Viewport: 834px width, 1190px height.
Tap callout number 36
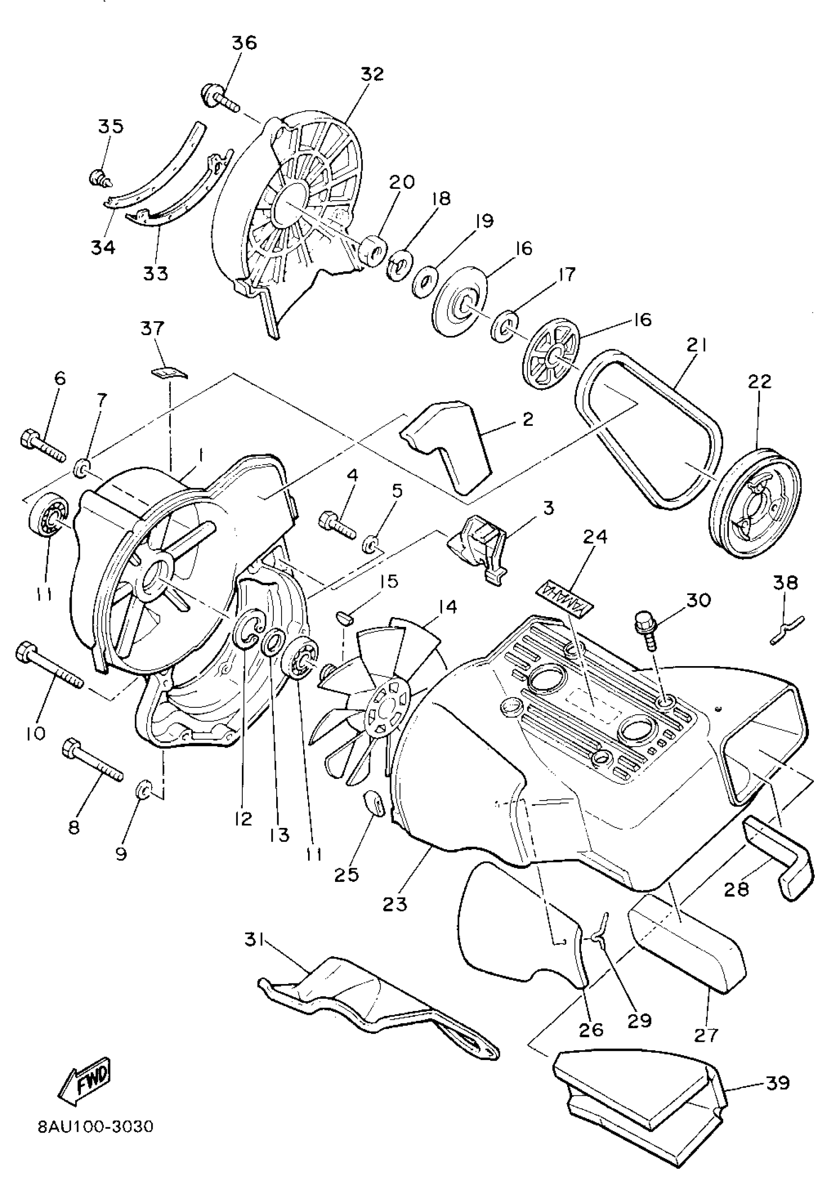245,43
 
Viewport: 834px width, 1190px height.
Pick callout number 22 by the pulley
760,381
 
